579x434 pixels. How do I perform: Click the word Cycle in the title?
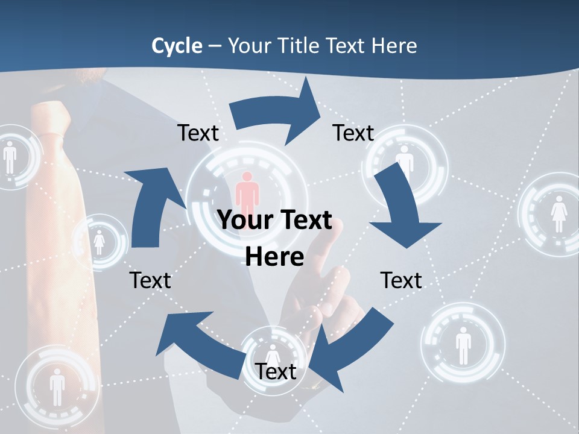click(177, 46)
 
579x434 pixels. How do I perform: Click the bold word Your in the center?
click(241, 221)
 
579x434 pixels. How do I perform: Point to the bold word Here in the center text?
click(274, 257)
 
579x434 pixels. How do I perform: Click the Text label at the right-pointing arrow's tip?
click(353, 133)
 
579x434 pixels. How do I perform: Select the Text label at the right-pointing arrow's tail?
click(198, 133)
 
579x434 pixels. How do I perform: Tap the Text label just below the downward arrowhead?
click(401, 280)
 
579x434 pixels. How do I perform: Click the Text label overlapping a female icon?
click(275, 371)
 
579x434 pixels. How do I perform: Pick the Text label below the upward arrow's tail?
click(150, 280)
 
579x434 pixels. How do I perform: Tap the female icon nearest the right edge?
click(558, 214)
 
